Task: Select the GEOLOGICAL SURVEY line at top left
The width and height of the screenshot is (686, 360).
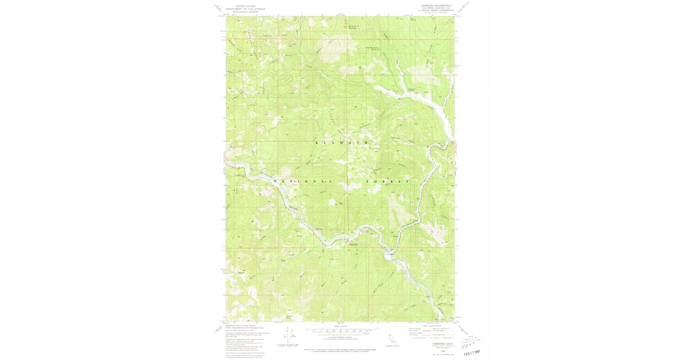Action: click(x=242, y=11)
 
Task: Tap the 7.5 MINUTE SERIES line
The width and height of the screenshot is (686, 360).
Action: click(x=437, y=10)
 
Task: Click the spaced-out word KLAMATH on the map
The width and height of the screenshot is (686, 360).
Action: click(x=342, y=142)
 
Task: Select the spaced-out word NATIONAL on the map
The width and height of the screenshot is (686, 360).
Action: click(x=303, y=181)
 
